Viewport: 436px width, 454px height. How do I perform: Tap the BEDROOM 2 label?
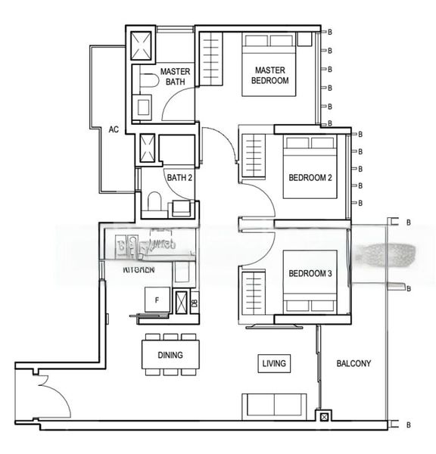coord(310,179)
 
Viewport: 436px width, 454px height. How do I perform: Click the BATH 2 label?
coord(180,178)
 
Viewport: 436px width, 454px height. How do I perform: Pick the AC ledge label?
coord(114,129)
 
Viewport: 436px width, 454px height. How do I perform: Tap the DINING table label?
coord(170,354)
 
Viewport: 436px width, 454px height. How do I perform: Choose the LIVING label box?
coord(273,364)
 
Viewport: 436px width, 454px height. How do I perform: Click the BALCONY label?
coord(353,364)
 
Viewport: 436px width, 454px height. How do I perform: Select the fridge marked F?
coord(157,300)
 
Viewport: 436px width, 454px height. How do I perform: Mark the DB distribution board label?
coord(194,303)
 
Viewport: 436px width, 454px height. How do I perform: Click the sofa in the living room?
coord(273,406)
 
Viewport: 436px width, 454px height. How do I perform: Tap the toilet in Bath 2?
coord(154,201)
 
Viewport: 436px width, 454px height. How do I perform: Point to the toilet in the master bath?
coord(148,79)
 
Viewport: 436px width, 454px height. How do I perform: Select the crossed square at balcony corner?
coord(325,416)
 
